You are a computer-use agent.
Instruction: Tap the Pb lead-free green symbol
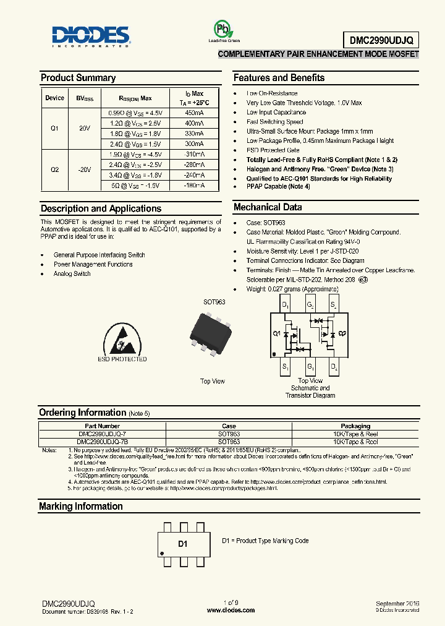click(x=221, y=29)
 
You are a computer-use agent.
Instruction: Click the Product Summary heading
click(x=78, y=78)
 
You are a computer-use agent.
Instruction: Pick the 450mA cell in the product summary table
click(x=194, y=114)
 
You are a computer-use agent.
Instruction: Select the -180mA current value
click(x=194, y=185)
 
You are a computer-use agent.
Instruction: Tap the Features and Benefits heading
click(x=279, y=78)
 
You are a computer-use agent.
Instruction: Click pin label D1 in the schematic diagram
click(x=285, y=305)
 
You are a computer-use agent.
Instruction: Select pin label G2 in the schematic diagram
click(x=310, y=305)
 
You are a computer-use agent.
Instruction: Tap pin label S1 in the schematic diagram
click(x=285, y=367)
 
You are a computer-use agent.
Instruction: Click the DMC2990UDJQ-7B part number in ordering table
click(x=103, y=442)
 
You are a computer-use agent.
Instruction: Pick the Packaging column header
click(x=355, y=426)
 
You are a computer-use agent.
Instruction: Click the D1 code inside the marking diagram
click(x=182, y=544)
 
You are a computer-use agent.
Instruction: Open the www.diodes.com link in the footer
click(x=231, y=611)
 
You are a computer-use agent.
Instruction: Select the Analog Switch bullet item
click(x=72, y=274)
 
